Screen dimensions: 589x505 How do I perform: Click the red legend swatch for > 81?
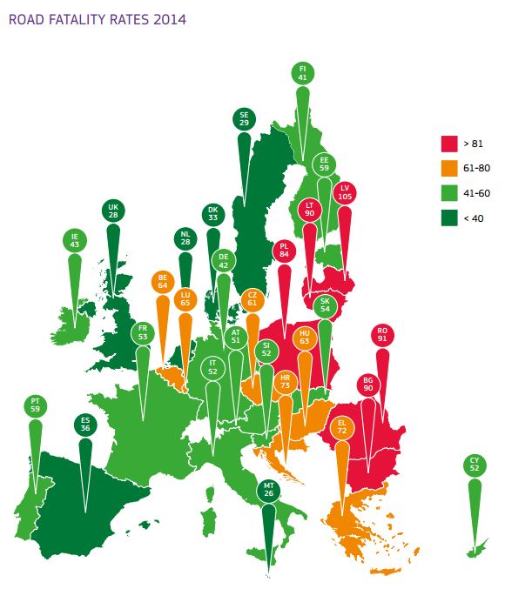point(449,143)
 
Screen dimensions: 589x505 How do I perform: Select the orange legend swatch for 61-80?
point(449,168)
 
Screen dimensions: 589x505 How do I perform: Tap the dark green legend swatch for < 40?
point(449,218)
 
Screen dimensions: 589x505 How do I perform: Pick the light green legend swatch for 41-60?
point(449,193)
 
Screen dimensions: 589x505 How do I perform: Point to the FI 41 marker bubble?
point(302,73)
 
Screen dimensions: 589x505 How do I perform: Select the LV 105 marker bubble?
point(345,192)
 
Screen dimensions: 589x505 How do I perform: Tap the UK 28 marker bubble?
point(113,211)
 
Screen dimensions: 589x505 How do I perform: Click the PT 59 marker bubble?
point(36,405)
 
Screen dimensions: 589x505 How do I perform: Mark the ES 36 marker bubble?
point(84,424)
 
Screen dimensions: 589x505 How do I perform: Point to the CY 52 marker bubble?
point(475,465)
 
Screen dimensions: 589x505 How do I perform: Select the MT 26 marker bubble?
point(268,491)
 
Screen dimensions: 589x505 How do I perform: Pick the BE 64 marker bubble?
point(162,282)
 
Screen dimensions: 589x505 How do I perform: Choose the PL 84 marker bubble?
point(284,251)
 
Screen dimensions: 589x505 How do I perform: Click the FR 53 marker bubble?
point(143,332)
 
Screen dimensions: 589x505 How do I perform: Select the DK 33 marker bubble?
point(212,214)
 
